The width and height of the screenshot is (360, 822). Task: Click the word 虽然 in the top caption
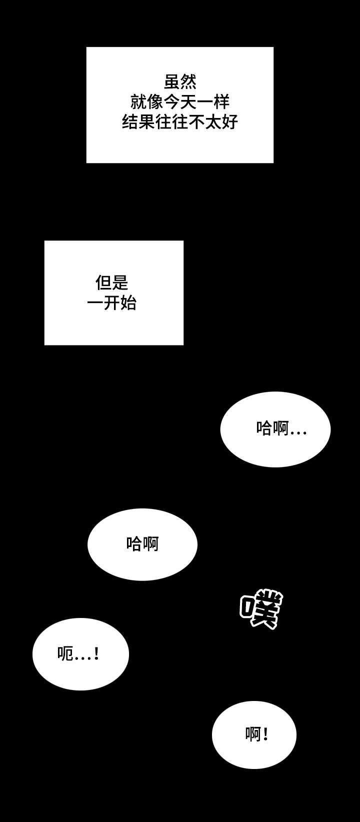point(180,82)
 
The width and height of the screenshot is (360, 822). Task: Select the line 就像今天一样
point(180,102)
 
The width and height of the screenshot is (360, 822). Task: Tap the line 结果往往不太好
point(180,122)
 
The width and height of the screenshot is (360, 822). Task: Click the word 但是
point(112,283)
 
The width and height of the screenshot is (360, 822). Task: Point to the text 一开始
point(112,303)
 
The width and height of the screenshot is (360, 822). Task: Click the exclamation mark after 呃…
point(96,653)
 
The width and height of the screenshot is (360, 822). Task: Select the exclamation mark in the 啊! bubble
point(265,734)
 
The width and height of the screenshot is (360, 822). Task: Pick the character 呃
point(65,653)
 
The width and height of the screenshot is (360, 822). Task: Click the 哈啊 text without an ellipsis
point(142,543)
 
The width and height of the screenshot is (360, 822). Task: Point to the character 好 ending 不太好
point(229,122)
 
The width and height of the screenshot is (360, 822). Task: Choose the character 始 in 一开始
point(128,303)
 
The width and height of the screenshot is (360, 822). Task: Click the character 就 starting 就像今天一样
point(138,102)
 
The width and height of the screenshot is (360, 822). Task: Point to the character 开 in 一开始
point(112,303)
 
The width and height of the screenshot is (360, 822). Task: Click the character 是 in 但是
point(120,283)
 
